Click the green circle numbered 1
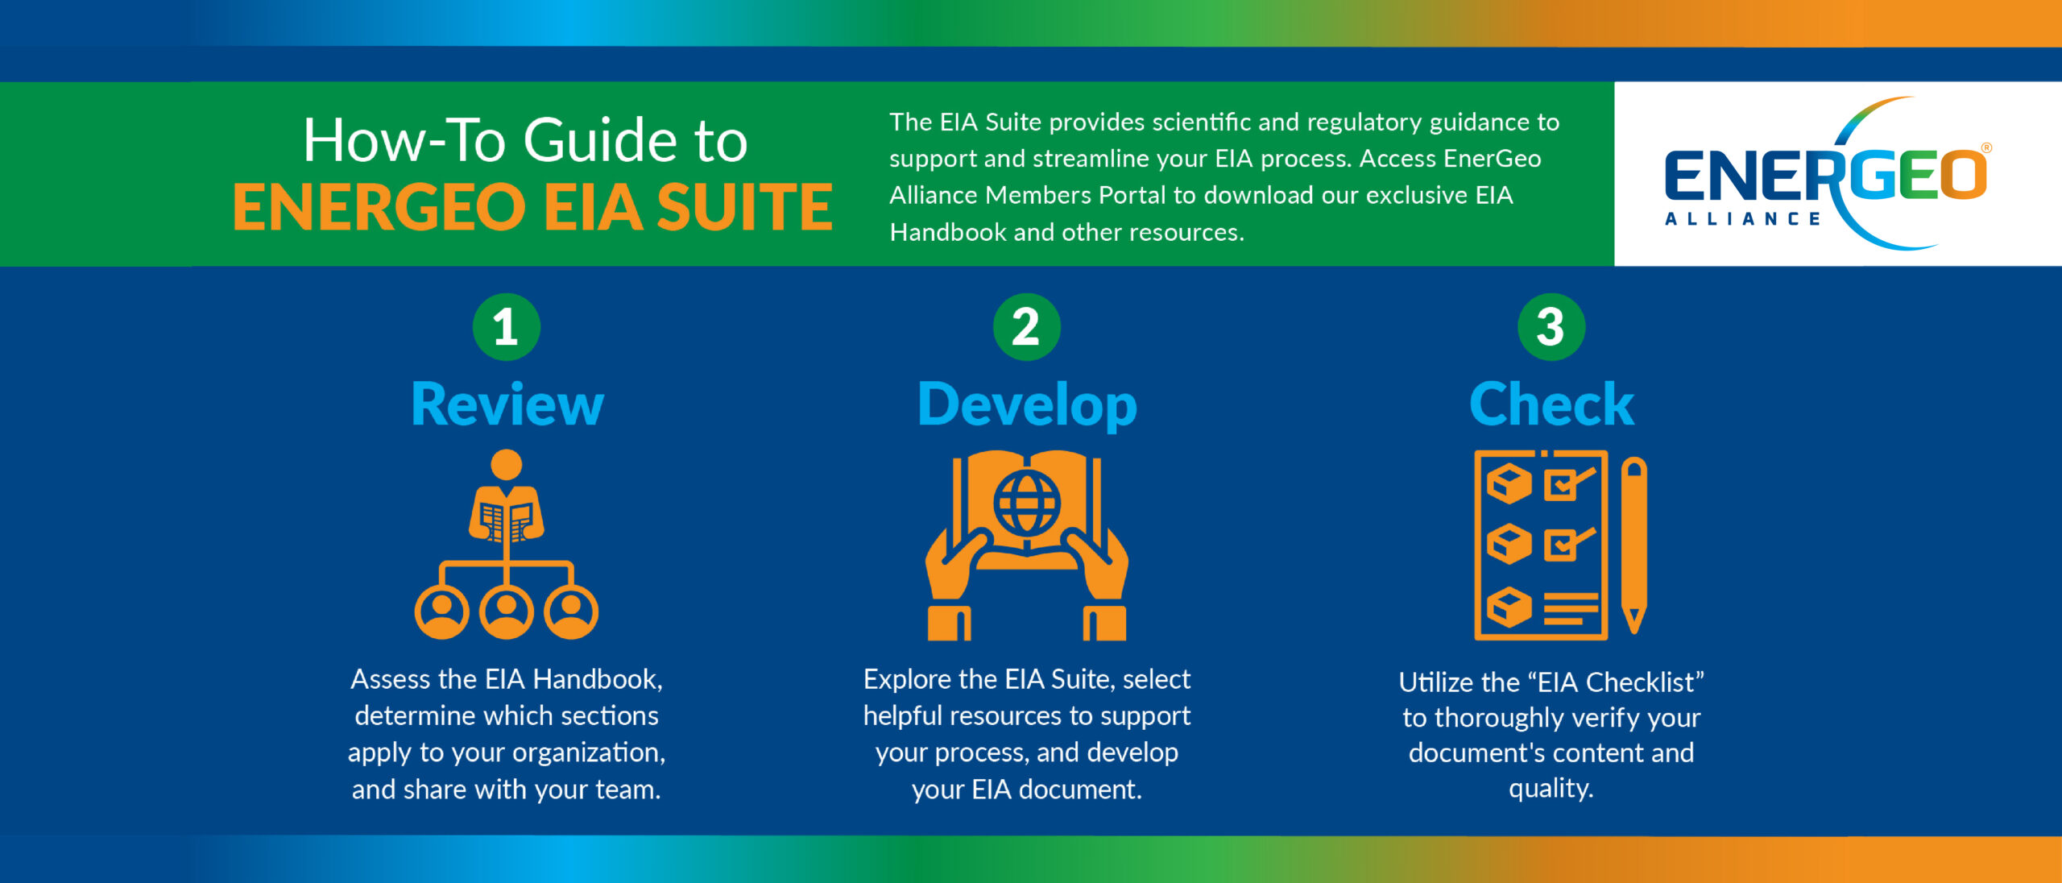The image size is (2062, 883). pos(506,327)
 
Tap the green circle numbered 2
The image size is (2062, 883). pos(1026,327)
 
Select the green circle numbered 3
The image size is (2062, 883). pos(1551,327)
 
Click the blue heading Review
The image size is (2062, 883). pos(507,404)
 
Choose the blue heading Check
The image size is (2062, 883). pos(1551,404)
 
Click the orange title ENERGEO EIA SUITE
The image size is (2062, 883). pos(532,207)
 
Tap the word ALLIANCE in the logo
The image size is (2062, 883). pos(1742,219)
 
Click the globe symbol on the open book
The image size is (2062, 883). pos(1027,503)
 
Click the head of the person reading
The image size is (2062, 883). pos(506,465)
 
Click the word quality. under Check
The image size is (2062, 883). pos(1551,788)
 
